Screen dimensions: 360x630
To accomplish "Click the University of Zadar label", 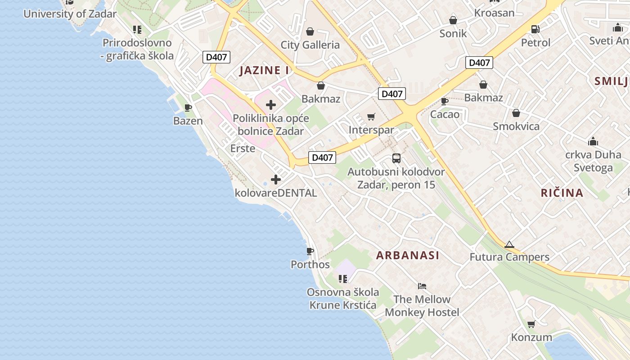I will (x=70, y=13).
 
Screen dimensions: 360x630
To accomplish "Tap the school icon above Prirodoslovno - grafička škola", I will (x=137, y=30).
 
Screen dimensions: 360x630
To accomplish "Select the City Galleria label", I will (x=310, y=45).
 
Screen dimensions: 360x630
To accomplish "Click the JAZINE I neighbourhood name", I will (x=264, y=70).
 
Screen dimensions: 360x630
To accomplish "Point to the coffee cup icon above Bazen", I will (x=188, y=108).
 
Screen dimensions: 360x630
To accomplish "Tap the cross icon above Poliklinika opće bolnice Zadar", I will (x=271, y=105).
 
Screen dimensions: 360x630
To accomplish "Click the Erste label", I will (x=243, y=148).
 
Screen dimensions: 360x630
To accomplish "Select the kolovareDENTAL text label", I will (x=276, y=193).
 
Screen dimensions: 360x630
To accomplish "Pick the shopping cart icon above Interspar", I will (x=371, y=117).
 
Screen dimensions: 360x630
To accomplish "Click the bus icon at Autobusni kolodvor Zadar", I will (x=396, y=158).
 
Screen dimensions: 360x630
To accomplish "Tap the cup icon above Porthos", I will (x=310, y=251).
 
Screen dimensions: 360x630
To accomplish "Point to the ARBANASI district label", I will (x=408, y=256).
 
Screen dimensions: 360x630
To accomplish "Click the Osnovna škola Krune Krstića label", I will (x=343, y=299).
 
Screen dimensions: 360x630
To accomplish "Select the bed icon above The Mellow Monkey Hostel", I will (x=422, y=286).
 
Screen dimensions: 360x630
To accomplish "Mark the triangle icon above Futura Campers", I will (x=509, y=245).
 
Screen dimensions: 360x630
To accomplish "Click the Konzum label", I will (x=531, y=337).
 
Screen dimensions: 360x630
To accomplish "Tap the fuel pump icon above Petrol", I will (x=535, y=29).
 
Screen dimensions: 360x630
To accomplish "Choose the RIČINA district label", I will (x=562, y=193).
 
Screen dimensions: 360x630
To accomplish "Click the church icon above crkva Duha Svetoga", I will (x=593, y=141).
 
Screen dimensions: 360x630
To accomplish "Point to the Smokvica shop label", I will (x=516, y=126).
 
